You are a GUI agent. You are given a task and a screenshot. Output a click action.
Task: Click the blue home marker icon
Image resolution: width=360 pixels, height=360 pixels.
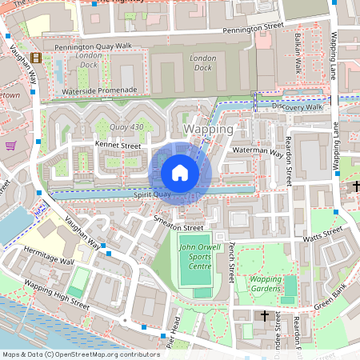pyautogui.click(x=180, y=172)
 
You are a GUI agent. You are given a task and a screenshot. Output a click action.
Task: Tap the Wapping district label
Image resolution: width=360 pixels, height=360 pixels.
pyautogui.click(x=209, y=129)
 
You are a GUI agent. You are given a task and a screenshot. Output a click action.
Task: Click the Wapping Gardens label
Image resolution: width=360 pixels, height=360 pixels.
pyautogui.click(x=267, y=285)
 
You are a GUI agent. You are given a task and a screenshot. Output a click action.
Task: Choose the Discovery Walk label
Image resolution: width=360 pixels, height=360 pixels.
pyautogui.click(x=296, y=106)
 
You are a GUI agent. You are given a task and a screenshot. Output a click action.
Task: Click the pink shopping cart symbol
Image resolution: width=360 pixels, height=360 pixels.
pyautogui.click(x=10, y=146)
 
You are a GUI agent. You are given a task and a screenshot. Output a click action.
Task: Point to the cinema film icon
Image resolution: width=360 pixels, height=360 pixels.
pyautogui.click(x=35, y=58)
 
